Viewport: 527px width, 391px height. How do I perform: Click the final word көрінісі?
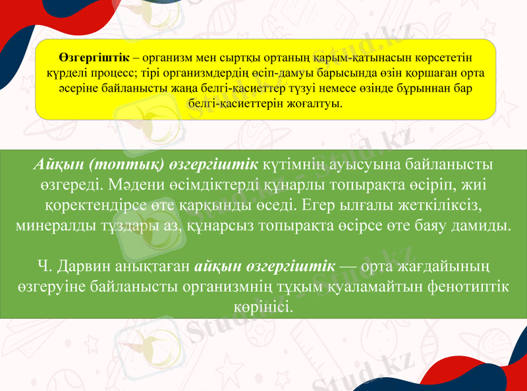[263, 309]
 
